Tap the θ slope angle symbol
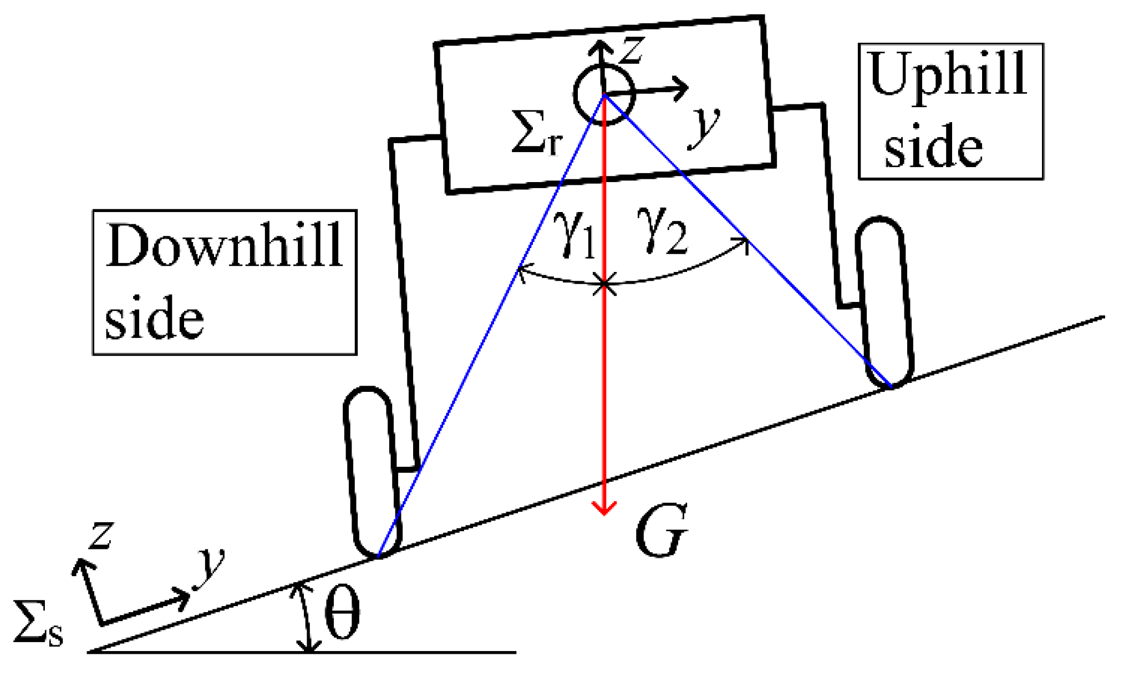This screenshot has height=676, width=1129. coord(342,613)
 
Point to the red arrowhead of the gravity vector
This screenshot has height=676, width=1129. coord(604,507)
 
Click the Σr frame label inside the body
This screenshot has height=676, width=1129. coord(536,133)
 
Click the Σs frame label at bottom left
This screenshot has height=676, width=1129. coord(38,624)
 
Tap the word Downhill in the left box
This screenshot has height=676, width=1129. coord(224,246)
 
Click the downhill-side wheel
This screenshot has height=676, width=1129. coord(370,472)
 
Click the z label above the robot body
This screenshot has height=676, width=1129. coord(632,50)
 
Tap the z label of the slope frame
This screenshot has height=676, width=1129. coord(101,536)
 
